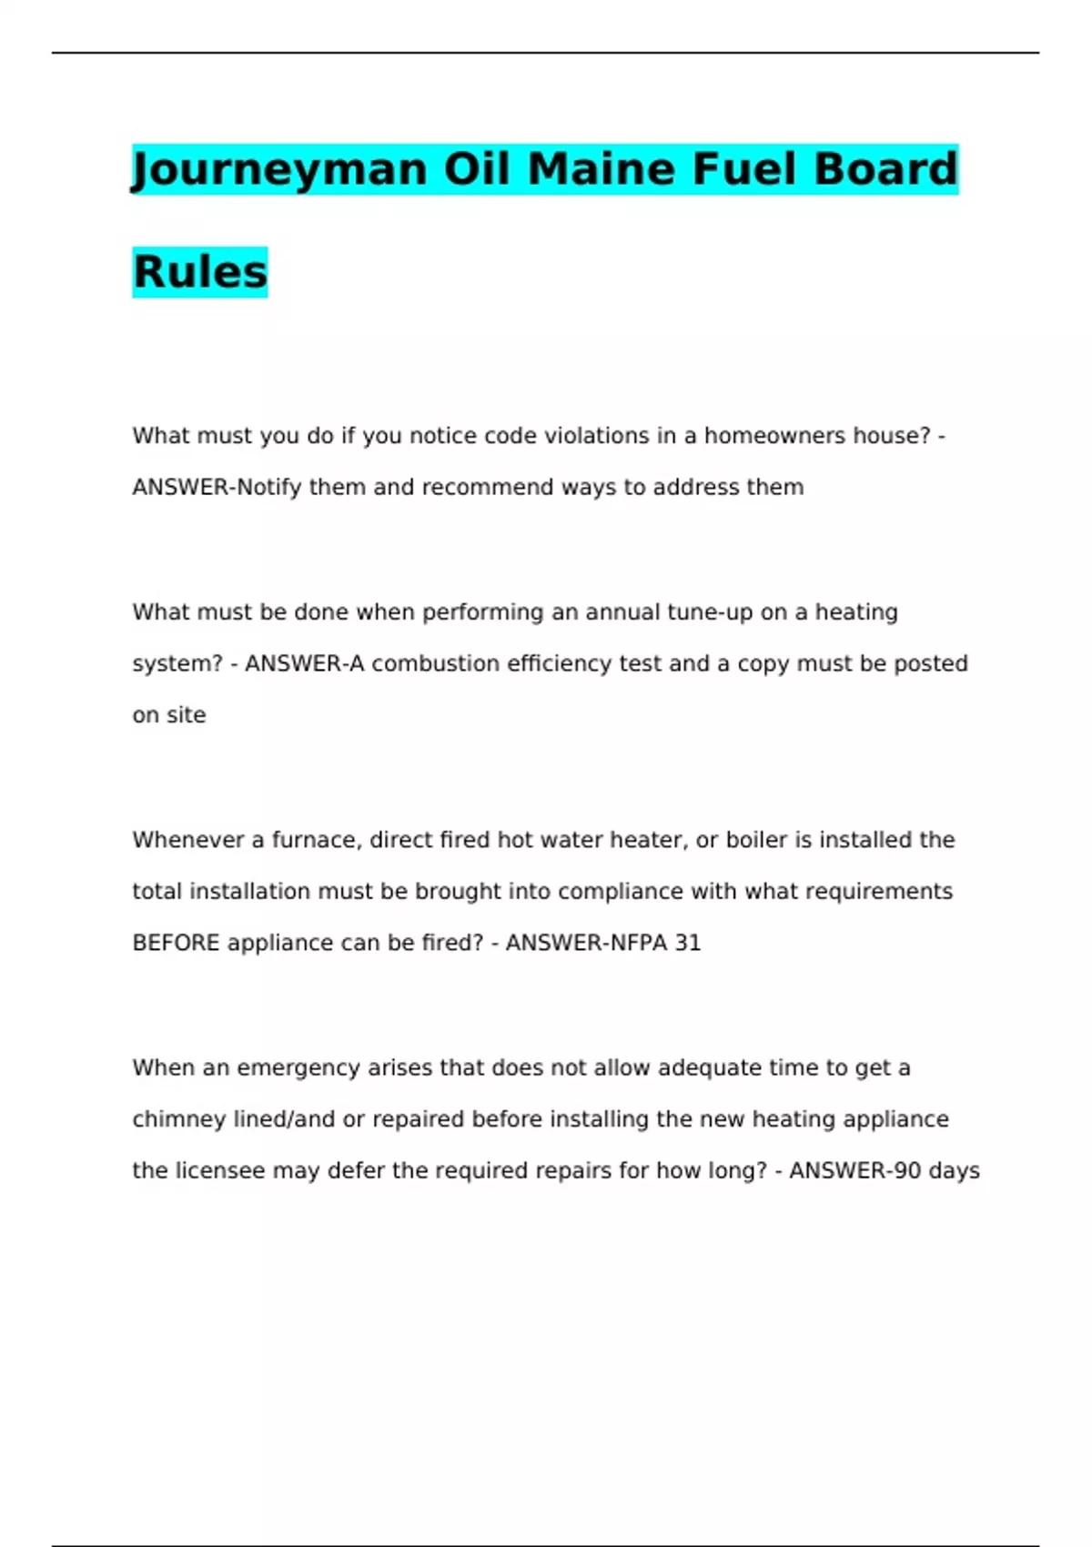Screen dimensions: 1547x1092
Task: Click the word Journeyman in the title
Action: coord(279,170)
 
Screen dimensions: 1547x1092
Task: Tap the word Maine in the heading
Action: coord(601,170)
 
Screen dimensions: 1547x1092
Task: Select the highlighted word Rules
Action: coord(200,272)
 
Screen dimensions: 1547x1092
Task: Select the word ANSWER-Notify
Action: coord(217,488)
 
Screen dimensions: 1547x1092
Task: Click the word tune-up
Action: coord(710,612)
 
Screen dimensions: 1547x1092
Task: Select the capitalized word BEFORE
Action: coord(176,944)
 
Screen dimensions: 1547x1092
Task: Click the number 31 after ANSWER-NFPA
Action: coord(688,944)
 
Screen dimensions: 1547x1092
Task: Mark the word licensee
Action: coord(220,1171)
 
